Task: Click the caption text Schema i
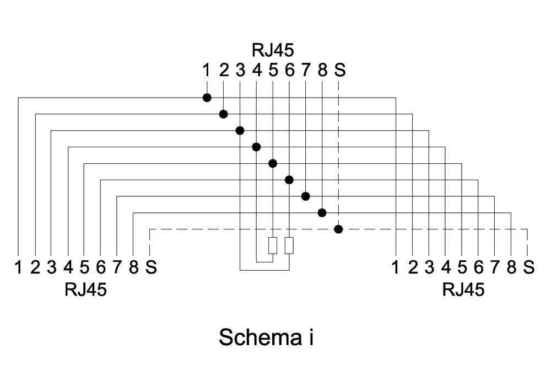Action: [266, 337]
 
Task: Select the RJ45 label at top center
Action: [273, 50]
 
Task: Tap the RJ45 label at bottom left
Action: [85, 289]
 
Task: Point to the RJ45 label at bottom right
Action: [463, 289]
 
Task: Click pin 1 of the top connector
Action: [207, 71]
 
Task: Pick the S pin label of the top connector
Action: [340, 71]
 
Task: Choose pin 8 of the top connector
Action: [323, 71]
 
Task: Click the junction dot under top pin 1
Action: [207, 98]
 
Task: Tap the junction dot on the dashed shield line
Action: [339, 229]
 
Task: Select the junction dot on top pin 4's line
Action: [256, 147]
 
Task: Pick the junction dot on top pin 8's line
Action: [322, 212]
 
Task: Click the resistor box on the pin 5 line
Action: [273, 245]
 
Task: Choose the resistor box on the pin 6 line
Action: [289, 245]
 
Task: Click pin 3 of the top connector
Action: [240, 71]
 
